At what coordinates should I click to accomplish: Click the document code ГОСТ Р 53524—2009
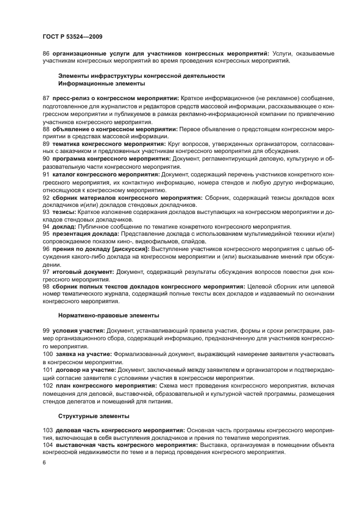click(x=72, y=36)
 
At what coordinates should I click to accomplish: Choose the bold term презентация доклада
click(x=86, y=234)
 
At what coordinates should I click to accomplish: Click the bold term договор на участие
click(x=86, y=370)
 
